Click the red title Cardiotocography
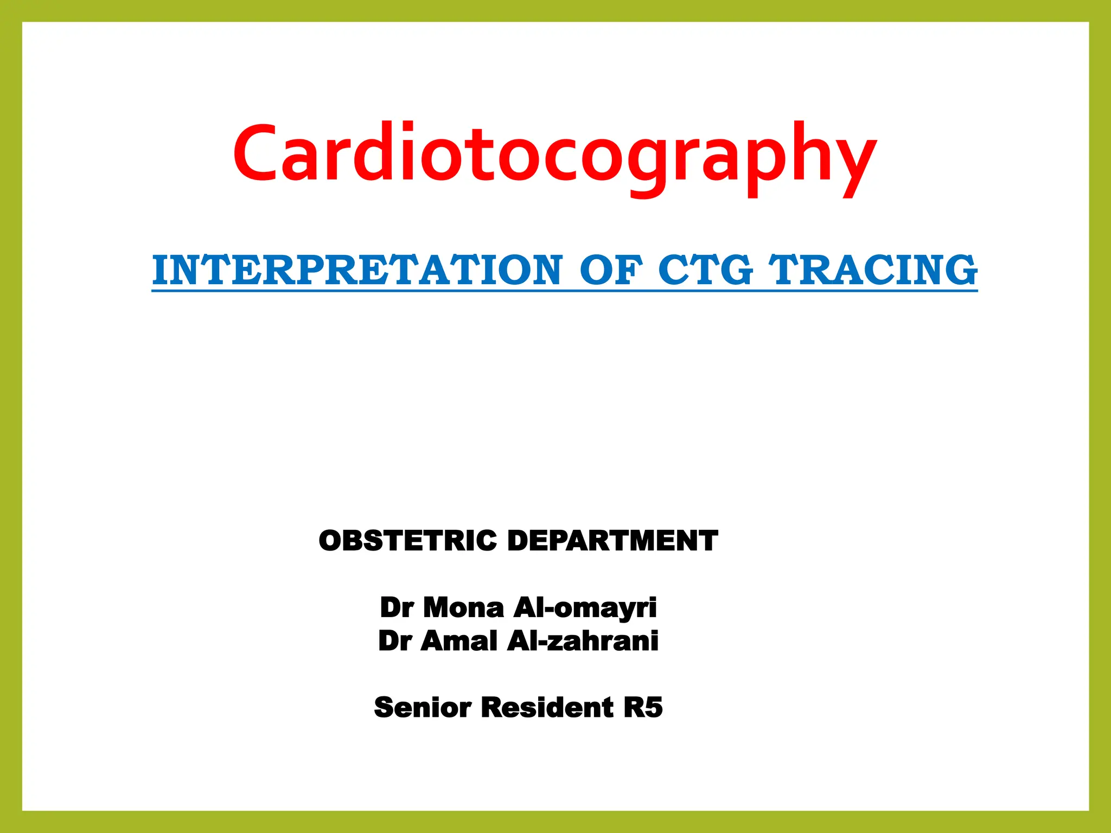[x=554, y=155]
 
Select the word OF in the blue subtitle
[x=611, y=270]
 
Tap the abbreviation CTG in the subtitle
[x=705, y=270]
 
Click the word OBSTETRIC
[x=407, y=541]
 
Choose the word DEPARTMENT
[x=612, y=541]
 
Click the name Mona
[x=463, y=607]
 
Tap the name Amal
[x=459, y=641]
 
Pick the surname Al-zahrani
[x=583, y=641]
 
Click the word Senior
[x=423, y=708]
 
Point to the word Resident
[x=547, y=708]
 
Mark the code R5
[x=643, y=708]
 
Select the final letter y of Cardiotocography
[x=852, y=160]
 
